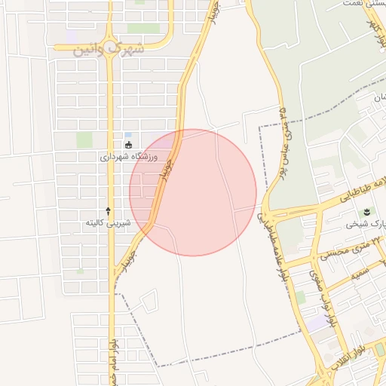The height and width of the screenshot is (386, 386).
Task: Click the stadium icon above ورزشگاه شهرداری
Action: pos(128,146)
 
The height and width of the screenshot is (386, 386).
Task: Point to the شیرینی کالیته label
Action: pos(108,222)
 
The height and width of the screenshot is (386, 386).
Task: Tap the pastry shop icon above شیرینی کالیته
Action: pos(108,211)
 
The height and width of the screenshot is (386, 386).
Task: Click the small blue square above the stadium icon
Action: pos(128,135)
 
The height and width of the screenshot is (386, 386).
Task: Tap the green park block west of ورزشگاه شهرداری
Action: pos(84,139)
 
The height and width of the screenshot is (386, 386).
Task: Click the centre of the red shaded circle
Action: pos(193,192)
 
